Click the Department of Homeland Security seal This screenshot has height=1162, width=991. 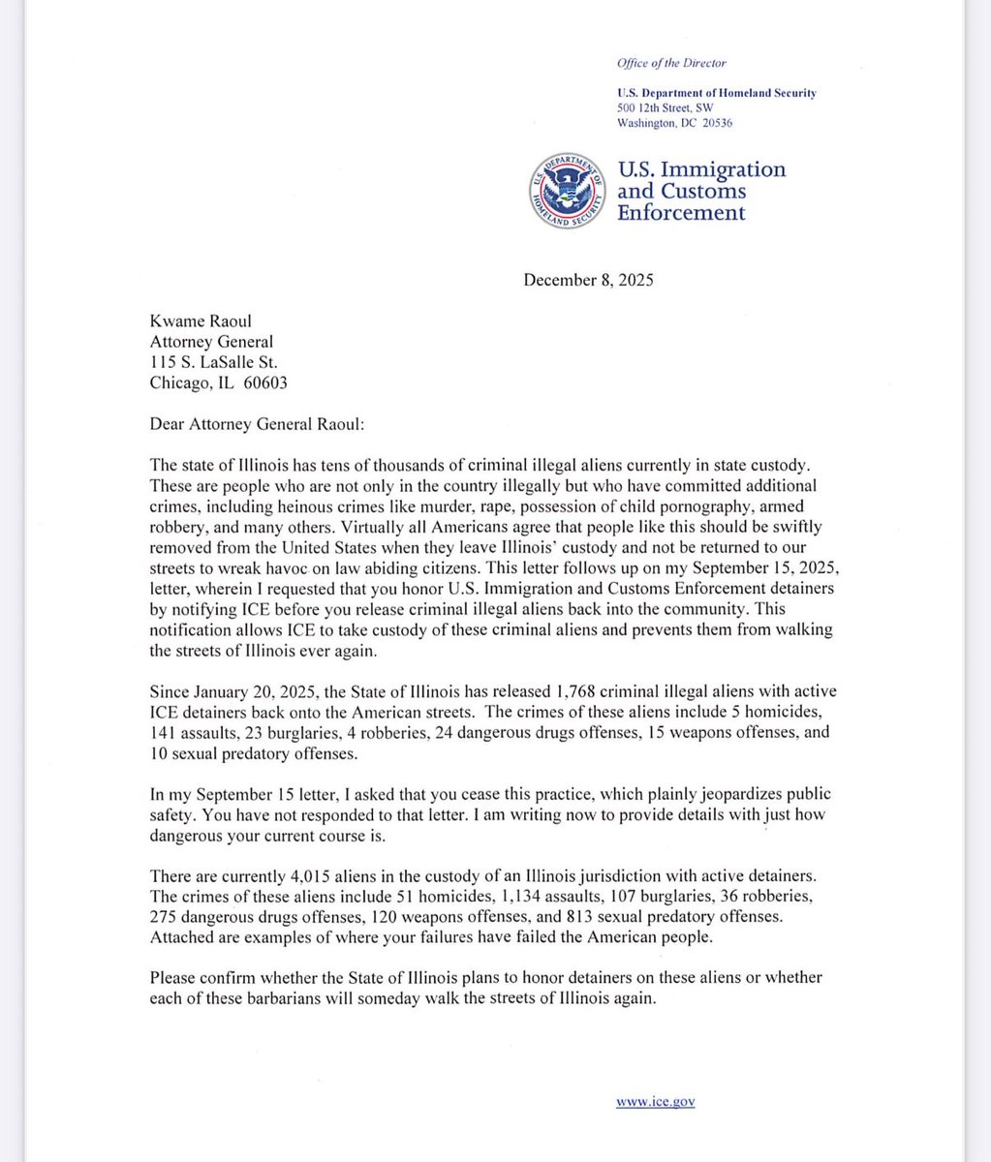[x=567, y=189]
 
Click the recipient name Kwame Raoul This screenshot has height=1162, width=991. [x=197, y=321]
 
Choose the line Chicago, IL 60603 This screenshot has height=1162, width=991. [x=218, y=382]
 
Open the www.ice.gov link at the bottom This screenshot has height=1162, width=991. [x=656, y=1101]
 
